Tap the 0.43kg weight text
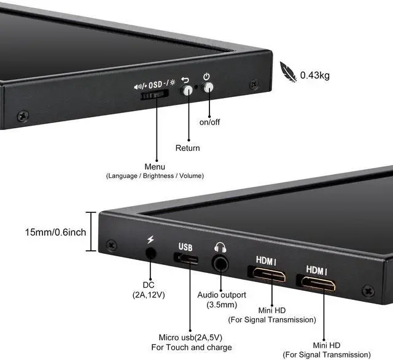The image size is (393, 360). [x=315, y=76]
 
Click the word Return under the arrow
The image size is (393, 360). [x=187, y=148]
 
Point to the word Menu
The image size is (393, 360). [x=155, y=167]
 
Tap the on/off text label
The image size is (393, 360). [x=209, y=122]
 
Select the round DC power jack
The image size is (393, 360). [x=150, y=253]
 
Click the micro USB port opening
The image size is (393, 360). [x=187, y=259]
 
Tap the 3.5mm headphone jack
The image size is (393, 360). [x=220, y=264]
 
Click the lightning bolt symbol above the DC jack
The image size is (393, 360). [x=150, y=239]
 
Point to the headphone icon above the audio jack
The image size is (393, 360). [x=220, y=247]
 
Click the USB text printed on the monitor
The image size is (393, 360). [x=185, y=247]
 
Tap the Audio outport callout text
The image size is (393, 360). [x=222, y=294]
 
